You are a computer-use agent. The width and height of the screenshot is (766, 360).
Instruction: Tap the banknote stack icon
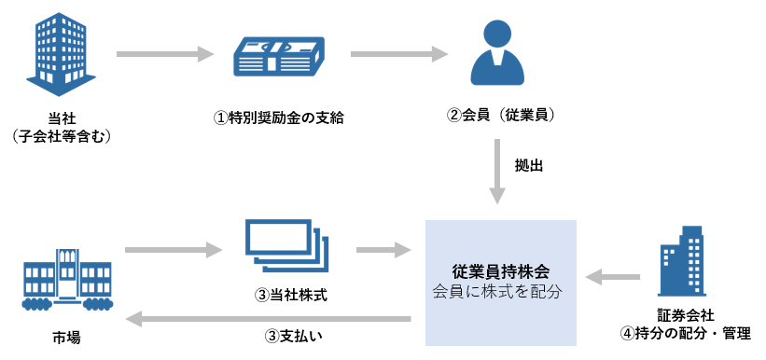tap(278, 54)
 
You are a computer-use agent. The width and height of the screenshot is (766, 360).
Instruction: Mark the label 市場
tap(66, 337)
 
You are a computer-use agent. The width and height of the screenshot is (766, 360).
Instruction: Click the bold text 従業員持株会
tap(500, 271)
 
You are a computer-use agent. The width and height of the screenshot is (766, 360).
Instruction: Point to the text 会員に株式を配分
tap(500, 291)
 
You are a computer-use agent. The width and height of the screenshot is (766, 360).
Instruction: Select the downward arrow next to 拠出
tap(497, 172)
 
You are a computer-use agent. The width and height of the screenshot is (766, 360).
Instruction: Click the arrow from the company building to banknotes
tap(165, 54)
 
